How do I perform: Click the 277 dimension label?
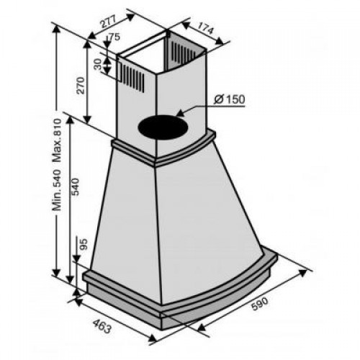[x=108, y=22]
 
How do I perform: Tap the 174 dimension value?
[x=204, y=27]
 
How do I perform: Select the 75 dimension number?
[x=114, y=37]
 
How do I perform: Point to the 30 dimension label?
[x=98, y=65]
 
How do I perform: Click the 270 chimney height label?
[x=81, y=86]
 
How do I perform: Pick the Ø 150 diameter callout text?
[x=229, y=99]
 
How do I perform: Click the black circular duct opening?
[x=163, y=127]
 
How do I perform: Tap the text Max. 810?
[x=58, y=140]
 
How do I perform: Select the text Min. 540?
[x=58, y=190]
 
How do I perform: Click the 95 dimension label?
[x=84, y=244]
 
